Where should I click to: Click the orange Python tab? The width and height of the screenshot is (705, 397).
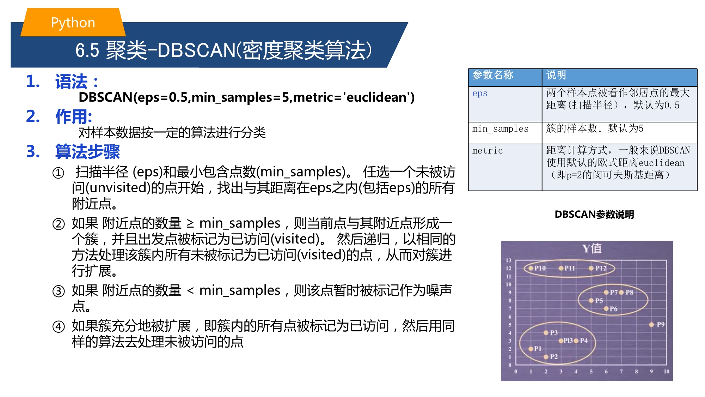click(73, 22)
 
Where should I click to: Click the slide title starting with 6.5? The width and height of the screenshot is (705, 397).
click(223, 50)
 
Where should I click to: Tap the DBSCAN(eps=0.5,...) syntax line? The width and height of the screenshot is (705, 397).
click(246, 97)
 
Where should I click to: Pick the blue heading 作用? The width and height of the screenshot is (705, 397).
click(74, 116)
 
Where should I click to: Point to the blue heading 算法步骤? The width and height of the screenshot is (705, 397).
click(87, 152)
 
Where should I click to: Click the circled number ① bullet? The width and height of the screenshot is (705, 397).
click(59, 173)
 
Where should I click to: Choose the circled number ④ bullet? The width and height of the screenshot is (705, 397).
click(59, 326)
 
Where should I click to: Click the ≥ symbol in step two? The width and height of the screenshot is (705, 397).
click(190, 223)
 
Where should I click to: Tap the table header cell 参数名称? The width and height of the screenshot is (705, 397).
click(505, 78)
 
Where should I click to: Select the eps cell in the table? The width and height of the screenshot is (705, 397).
click(505, 104)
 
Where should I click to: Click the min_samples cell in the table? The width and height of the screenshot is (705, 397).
click(505, 133)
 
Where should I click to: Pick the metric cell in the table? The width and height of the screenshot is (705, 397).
click(505, 167)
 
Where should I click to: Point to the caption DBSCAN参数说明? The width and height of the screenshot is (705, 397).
click(594, 214)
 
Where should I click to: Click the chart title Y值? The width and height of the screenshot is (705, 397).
click(592, 248)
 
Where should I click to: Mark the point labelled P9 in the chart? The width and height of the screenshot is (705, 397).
click(651, 325)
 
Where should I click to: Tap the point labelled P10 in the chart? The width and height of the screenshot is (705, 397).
click(531, 268)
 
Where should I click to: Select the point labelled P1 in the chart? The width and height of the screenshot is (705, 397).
click(531, 349)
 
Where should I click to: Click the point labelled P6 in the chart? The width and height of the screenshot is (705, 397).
click(606, 309)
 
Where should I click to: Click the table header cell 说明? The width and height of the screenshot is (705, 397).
click(619, 78)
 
